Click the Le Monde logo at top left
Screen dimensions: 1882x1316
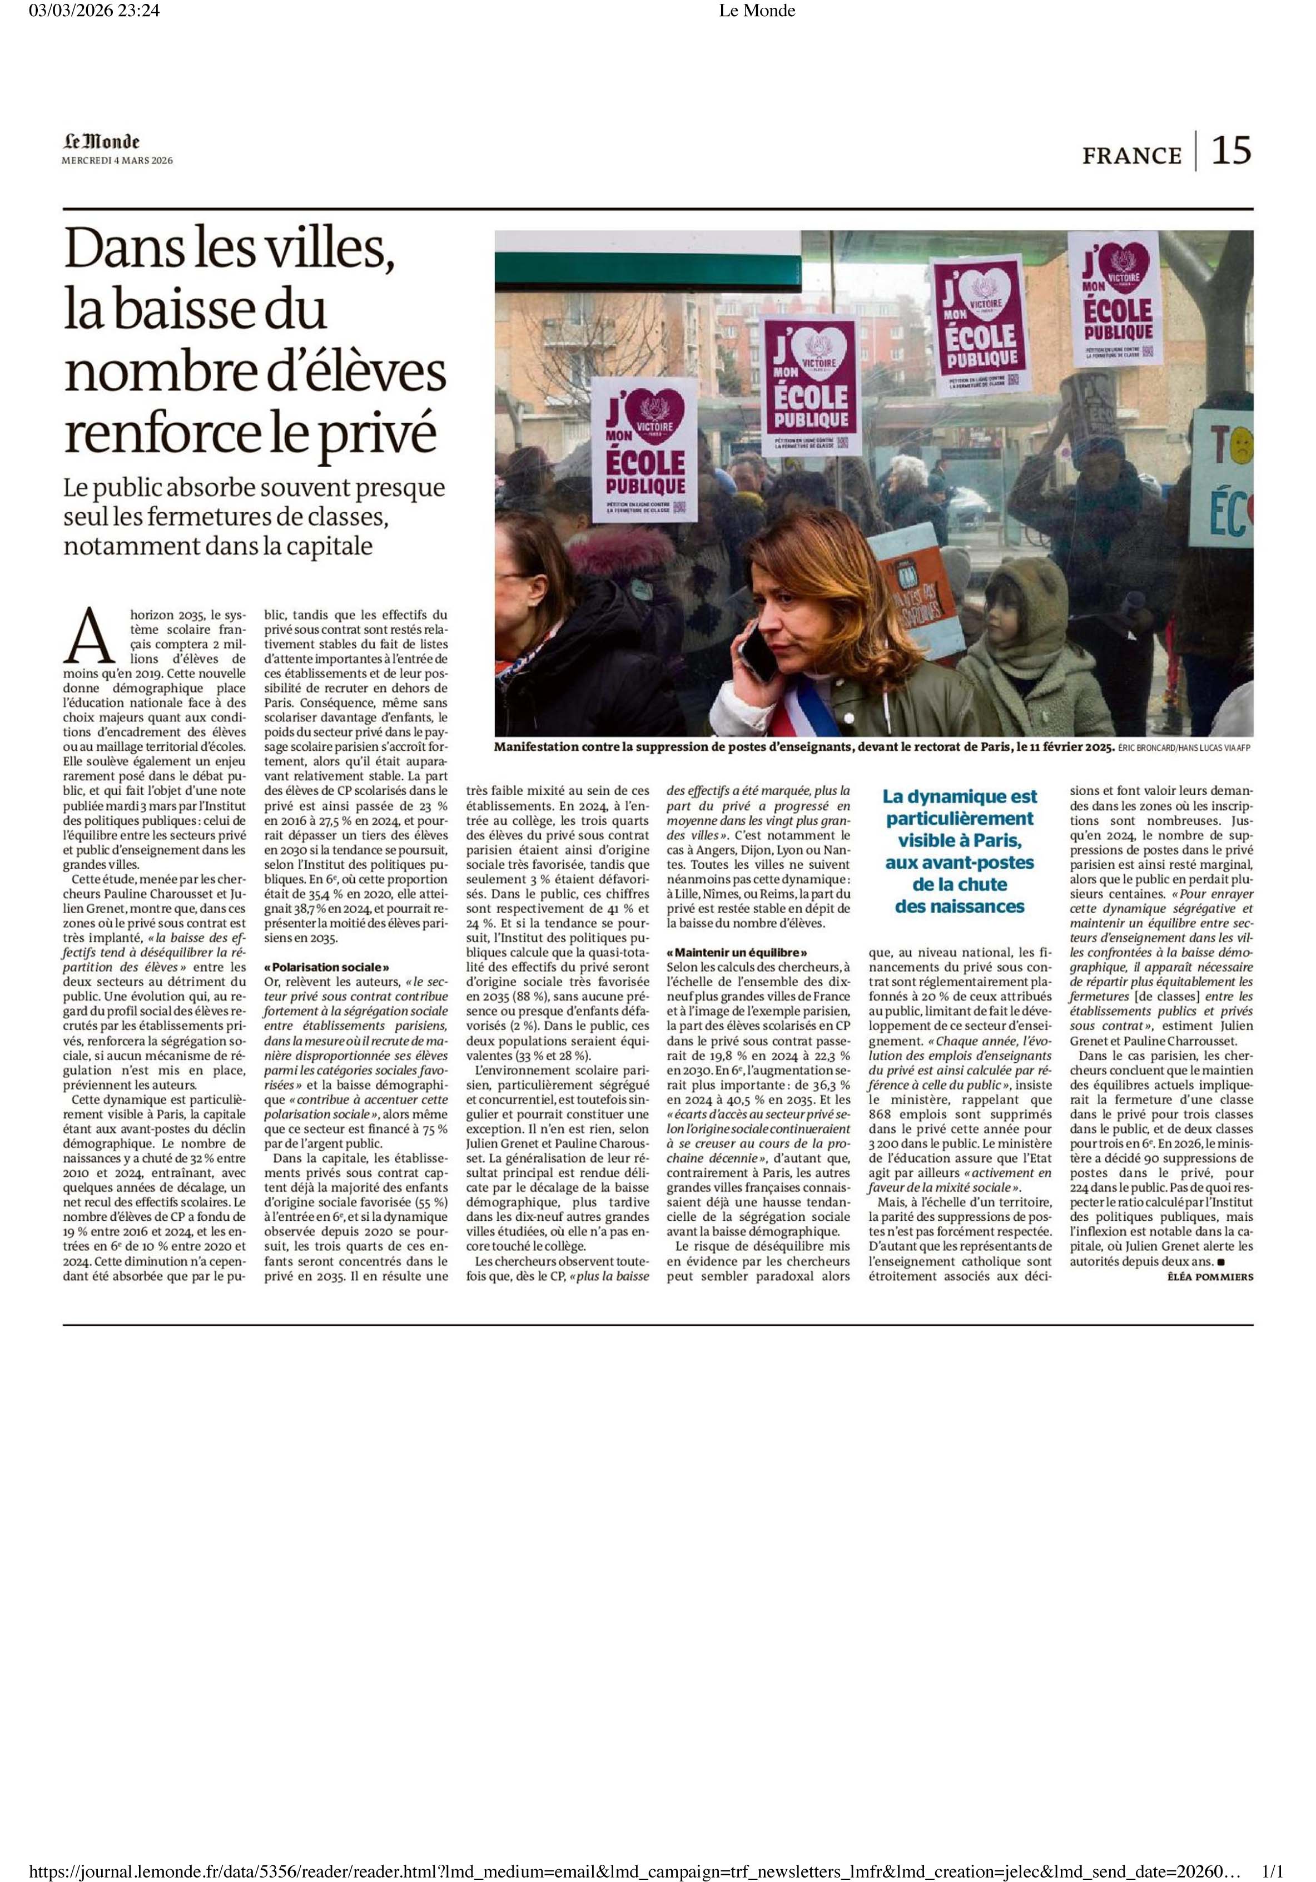click(102, 142)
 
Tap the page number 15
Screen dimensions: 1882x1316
click(1231, 151)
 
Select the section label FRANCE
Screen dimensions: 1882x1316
click(1131, 155)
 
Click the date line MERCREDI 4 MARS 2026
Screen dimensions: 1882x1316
click(117, 161)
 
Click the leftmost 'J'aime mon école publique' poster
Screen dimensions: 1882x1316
click(643, 449)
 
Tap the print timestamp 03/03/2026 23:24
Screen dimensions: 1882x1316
click(94, 11)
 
